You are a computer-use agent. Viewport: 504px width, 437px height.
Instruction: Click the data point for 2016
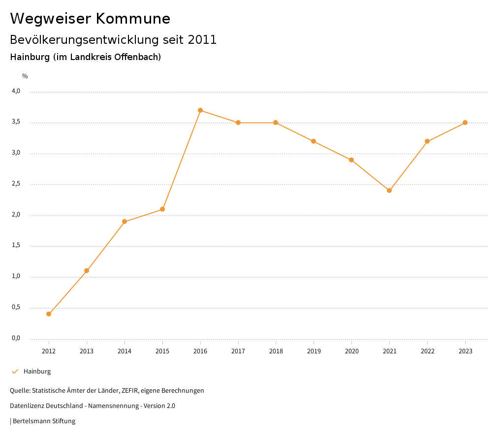[x=200, y=110]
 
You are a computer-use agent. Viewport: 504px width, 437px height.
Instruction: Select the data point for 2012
[x=49, y=314]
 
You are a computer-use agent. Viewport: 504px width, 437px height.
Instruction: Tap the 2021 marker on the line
[x=389, y=190]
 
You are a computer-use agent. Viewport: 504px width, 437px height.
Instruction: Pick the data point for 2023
[x=465, y=123]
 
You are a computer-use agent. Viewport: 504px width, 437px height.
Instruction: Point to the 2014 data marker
[x=125, y=221]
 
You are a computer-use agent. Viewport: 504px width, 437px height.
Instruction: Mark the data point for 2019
[x=314, y=141]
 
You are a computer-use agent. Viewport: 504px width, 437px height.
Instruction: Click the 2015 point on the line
[x=162, y=209]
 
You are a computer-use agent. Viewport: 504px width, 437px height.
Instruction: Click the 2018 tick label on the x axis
[x=276, y=351]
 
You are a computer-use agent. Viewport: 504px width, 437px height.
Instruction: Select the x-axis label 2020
[x=351, y=351]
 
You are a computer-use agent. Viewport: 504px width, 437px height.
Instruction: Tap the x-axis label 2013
[x=87, y=351]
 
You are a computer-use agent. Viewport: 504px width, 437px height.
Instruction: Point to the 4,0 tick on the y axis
[x=16, y=91]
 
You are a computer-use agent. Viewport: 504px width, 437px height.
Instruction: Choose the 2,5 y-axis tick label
[x=16, y=184]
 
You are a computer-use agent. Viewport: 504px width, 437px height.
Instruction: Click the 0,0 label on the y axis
[x=16, y=339]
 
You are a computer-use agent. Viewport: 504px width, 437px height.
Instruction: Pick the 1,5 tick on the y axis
[x=16, y=246]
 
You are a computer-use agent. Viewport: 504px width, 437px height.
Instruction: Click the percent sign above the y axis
[x=25, y=76]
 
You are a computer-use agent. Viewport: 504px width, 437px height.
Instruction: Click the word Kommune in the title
[x=133, y=19]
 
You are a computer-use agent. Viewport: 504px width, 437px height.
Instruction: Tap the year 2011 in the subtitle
[x=202, y=40]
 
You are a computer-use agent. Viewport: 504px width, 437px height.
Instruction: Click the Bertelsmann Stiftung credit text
[x=44, y=421]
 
